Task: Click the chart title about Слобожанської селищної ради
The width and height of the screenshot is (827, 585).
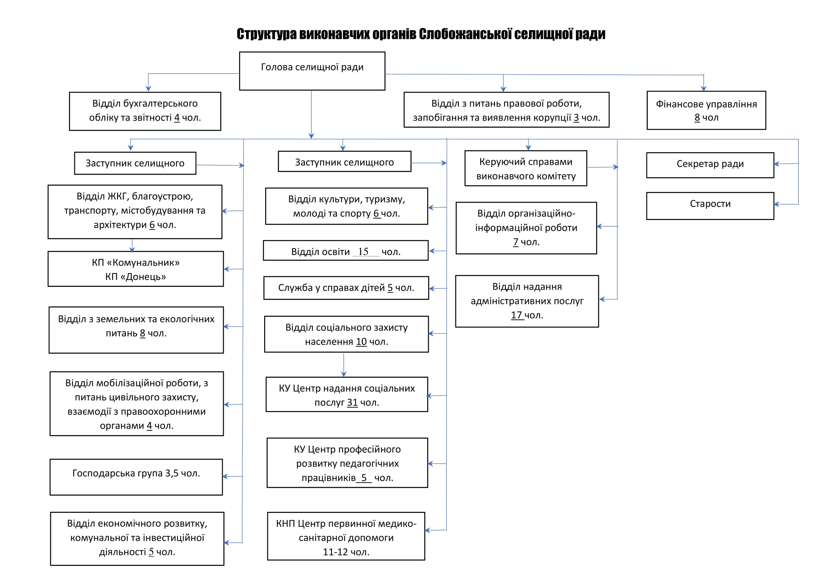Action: (421, 34)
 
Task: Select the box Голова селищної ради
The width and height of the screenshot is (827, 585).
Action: (312, 71)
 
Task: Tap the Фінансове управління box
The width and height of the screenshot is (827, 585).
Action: (706, 110)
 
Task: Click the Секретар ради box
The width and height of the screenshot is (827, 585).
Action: (710, 165)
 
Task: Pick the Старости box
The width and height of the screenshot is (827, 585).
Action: (710, 206)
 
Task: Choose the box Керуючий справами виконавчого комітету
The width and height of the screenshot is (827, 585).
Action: (525, 168)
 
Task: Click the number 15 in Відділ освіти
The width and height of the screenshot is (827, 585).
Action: (363, 251)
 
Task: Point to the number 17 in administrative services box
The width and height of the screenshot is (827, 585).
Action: (516, 315)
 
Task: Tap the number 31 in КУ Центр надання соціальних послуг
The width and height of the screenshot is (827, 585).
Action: (352, 402)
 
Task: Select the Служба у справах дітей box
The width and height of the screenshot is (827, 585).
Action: (346, 288)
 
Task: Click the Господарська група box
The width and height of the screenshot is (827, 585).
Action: (136, 477)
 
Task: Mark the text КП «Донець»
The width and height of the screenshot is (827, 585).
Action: (135, 277)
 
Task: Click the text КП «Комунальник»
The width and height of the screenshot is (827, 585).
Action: (135, 262)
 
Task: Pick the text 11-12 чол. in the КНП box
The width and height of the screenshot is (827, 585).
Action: (346, 552)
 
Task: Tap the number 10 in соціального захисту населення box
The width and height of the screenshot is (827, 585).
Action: (361, 342)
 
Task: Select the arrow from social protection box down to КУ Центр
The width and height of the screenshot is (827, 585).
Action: (344, 365)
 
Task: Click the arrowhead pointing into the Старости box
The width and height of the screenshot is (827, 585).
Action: (777, 204)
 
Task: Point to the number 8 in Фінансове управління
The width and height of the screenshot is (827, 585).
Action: (697, 117)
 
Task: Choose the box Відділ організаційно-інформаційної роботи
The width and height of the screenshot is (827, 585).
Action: (526, 228)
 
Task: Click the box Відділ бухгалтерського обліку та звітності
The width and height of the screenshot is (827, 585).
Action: (145, 111)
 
